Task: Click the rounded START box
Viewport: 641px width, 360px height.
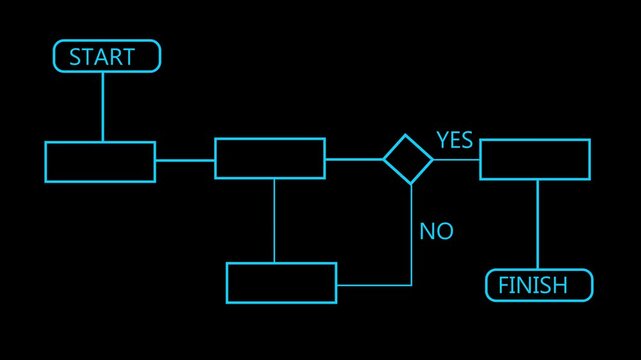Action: (x=107, y=56)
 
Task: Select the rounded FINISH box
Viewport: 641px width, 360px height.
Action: (x=539, y=285)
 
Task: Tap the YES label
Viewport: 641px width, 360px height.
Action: (x=454, y=141)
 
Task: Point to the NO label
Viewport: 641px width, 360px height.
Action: (x=436, y=231)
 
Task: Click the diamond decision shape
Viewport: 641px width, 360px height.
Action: (x=408, y=159)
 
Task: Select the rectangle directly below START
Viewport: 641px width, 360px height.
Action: (x=100, y=161)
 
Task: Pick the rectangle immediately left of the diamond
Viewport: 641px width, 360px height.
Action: (x=270, y=159)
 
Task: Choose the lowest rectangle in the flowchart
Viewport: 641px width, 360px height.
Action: (x=282, y=282)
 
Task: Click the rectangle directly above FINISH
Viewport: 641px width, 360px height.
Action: (x=535, y=159)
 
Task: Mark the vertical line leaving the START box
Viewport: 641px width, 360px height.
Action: (x=103, y=106)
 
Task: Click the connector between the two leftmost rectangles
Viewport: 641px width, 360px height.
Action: (x=185, y=160)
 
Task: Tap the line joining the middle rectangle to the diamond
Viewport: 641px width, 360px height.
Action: (x=354, y=159)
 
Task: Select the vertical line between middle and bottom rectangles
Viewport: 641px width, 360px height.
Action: (x=274, y=220)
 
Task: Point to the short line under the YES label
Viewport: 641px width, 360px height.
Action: (x=456, y=159)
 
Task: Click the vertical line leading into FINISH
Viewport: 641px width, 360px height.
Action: (x=537, y=224)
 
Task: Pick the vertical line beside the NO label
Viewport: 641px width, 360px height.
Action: (x=411, y=235)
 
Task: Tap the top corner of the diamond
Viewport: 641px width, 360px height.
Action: (x=408, y=135)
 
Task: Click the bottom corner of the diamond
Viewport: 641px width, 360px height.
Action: (x=408, y=184)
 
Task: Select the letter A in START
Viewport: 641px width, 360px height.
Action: (x=103, y=57)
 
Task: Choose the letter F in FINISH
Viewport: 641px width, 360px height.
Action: (x=503, y=286)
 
